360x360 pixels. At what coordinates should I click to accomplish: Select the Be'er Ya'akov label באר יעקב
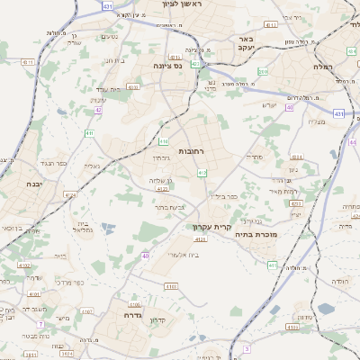[245, 44]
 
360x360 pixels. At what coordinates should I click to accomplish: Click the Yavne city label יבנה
[25, 183]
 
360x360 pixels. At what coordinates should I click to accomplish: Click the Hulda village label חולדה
[339, 281]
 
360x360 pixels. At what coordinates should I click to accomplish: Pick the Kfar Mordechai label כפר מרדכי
[68, 282]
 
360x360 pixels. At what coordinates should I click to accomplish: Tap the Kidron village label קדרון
[158, 319]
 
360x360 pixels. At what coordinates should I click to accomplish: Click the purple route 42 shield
[98, 111]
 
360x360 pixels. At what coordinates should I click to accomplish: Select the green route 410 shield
[89, 133]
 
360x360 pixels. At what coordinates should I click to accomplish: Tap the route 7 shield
[40, 323]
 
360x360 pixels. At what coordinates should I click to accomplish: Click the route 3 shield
[246, 347]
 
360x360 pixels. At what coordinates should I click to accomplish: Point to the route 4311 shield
[27, 62]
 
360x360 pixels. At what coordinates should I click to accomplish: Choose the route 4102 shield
[24, 265]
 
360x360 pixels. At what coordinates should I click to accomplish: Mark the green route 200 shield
[262, 71]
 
